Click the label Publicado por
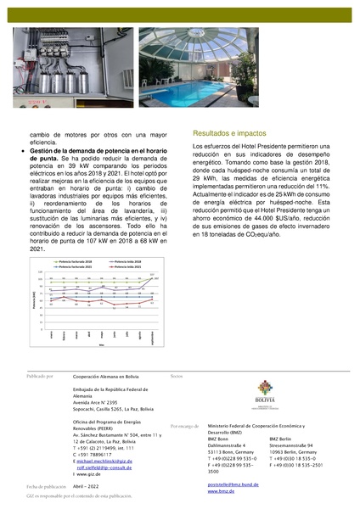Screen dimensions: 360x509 (x=40, y=374)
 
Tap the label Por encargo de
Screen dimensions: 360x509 (x=186, y=426)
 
